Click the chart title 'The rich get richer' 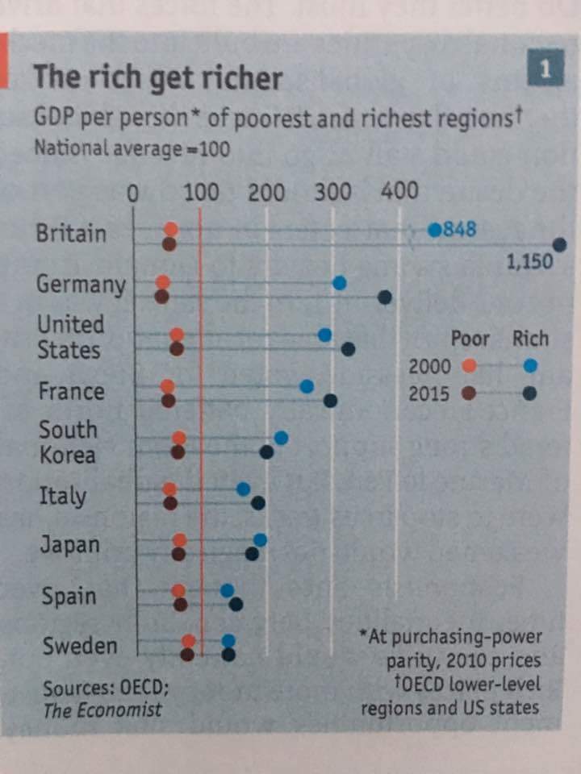(x=157, y=78)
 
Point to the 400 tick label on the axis (x=399, y=191)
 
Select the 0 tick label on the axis (x=134, y=193)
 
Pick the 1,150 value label (x=529, y=262)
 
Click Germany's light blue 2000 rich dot (x=340, y=282)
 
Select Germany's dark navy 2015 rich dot (x=385, y=298)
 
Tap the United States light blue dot (x=325, y=335)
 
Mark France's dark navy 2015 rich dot (x=330, y=400)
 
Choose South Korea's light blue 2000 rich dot (x=281, y=438)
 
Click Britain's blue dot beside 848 (x=435, y=230)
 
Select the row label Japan (x=69, y=545)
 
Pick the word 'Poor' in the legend (x=470, y=339)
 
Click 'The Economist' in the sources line (x=102, y=710)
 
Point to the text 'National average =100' (x=131, y=149)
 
